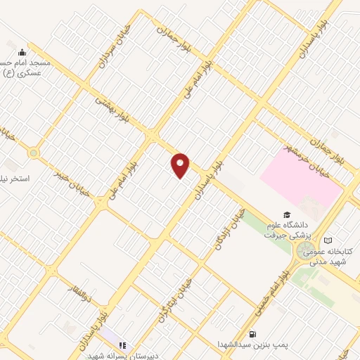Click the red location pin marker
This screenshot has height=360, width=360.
tap(181, 165)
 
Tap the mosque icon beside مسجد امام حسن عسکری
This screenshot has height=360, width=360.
tap(22, 51)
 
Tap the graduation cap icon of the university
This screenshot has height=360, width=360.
tap(287, 214)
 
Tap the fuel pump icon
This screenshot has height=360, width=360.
tap(252, 334)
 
